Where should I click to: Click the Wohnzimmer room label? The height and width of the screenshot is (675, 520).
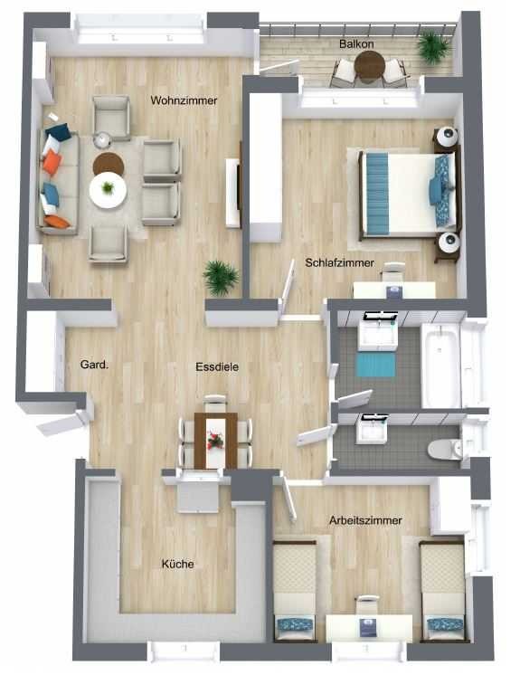(x=184, y=100)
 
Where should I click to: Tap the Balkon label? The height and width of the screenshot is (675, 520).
(x=356, y=43)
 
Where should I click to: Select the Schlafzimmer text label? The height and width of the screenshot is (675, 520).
(x=339, y=262)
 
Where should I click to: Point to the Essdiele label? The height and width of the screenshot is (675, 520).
(x=217, y=366)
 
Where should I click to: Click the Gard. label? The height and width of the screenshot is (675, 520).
(x=94, y=365)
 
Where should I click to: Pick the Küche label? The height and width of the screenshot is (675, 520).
(x=177, y=564)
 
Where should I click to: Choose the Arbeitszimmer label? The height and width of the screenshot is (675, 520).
(x=365, y=520)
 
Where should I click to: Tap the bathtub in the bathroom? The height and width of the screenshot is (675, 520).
(x=440, y=365)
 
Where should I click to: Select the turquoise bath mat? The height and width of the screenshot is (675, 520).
(x=376, y=365)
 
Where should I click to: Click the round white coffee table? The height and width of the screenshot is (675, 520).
(x=108, y=190)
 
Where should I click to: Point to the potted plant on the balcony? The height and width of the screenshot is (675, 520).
(x=433, y=47)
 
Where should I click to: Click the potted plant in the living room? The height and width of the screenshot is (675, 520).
(x=221, y=278)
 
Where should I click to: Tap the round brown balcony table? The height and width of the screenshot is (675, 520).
(x=370, y=65)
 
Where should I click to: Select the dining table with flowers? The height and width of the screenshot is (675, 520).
(x=215, y=441)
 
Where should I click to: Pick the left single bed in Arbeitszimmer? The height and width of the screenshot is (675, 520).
(x=295, y=591)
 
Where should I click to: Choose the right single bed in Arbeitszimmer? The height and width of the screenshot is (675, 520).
(x=442, y=591)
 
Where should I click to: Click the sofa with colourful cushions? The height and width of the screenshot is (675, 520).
(x=58, y=182)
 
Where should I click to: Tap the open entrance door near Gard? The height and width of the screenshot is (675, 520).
(x=64, y=422)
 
